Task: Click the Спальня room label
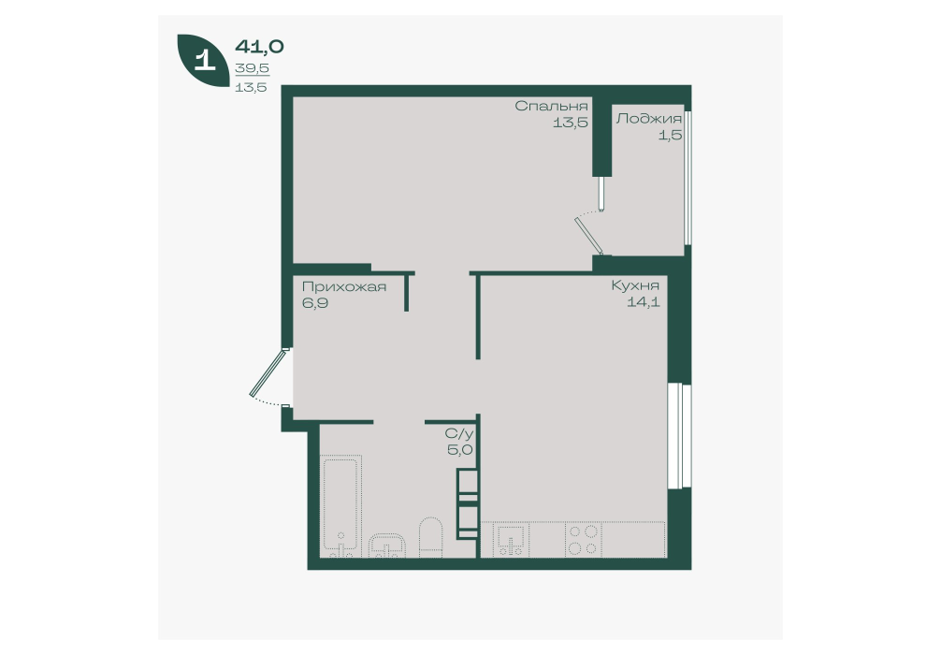551,107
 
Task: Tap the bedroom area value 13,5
570,124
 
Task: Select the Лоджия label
649,119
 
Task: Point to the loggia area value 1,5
671,135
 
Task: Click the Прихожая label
344,286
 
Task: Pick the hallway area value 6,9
314,302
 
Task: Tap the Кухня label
635,285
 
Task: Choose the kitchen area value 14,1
644,302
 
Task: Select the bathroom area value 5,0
459,450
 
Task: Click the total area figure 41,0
259,46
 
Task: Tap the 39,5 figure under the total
252,68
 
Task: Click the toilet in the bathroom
430,537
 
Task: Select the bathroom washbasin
387,546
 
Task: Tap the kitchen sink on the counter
510,540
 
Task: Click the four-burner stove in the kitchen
583,539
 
